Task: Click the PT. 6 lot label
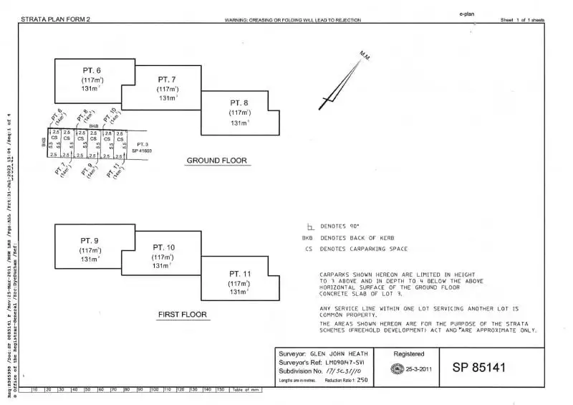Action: pos(91,70)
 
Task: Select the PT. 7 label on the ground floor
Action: pos(168,79)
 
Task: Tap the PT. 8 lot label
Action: pos(239,103)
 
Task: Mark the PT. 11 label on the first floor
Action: pos(240,274)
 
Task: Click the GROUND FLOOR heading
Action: pos(216,161)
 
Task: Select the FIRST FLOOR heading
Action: pos(182,315)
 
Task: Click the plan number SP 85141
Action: pos(479,368)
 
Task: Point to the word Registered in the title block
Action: pos(409,353)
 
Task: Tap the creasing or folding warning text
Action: pos(292,20)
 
